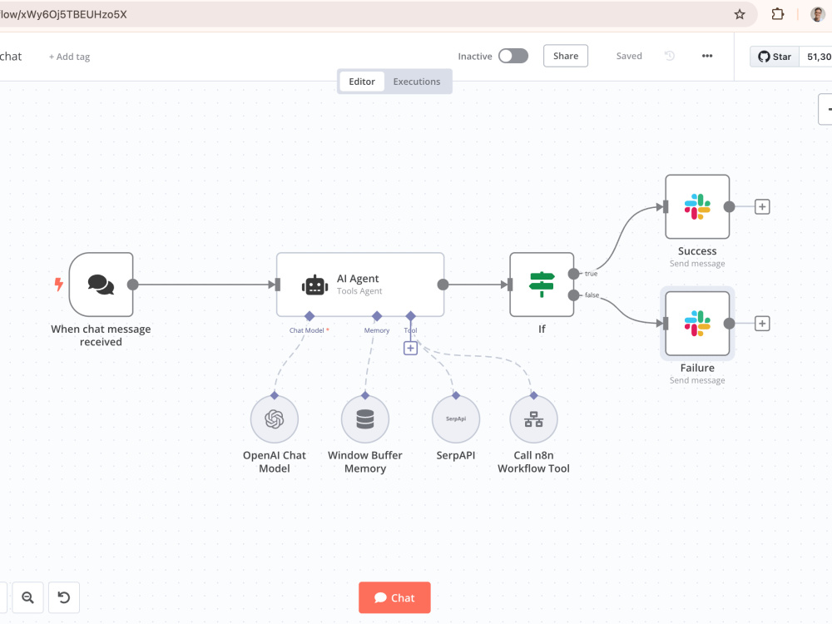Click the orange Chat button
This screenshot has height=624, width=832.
394,597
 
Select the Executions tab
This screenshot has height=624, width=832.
417,82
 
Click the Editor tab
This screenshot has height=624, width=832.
362,82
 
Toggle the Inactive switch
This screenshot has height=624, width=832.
513,56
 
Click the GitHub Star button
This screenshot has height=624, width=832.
775,57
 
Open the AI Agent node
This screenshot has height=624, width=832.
359,285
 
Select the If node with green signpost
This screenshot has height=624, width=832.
542,285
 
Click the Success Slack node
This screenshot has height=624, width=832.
697,206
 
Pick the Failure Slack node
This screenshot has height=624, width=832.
697,323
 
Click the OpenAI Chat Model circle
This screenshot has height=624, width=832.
275,419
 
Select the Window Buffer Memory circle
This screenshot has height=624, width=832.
365,419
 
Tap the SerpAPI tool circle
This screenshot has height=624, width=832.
456,419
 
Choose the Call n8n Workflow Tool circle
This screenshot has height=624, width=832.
533,419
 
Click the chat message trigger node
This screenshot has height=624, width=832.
101,285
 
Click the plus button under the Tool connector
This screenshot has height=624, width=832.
410,348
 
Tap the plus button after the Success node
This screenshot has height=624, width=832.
762,206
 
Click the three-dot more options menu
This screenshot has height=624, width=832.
706,56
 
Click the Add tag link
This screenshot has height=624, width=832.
70,57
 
